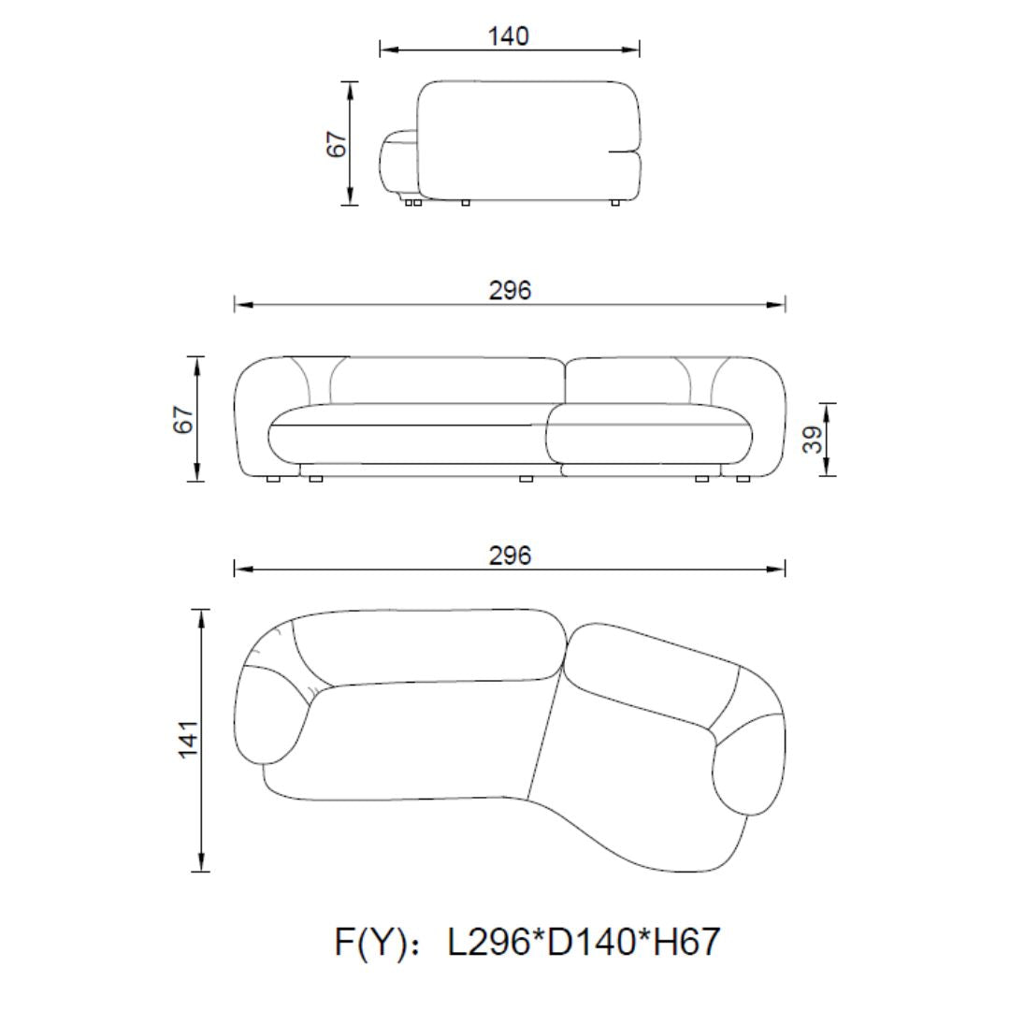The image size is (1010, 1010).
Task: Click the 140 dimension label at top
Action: tap(508, 36)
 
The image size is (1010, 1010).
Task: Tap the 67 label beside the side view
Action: tap(337, 144)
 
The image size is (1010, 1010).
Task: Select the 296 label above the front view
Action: tap(510, 291)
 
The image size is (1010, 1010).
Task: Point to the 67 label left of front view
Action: tap(183, 419)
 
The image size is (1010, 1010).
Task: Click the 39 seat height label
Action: tap(813, 440)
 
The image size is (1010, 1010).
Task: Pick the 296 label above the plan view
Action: tap(510, 555)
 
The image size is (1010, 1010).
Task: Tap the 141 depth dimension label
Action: tap(188, 740)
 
